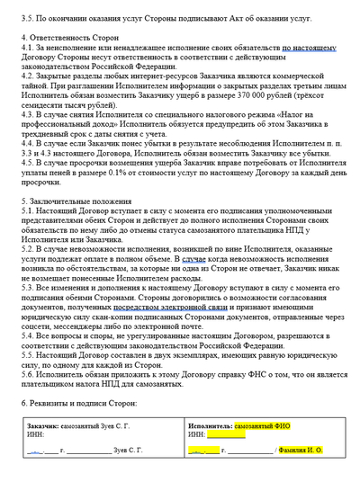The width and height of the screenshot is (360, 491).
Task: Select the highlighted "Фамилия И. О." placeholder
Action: [x=302, y=473]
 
